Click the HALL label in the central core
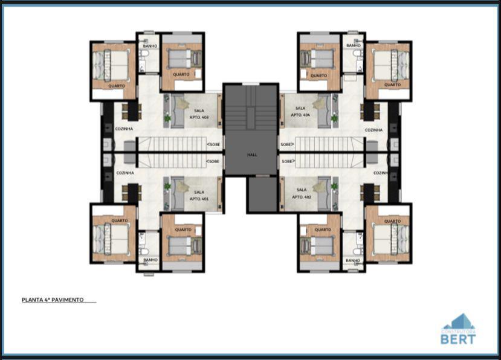(252, 155)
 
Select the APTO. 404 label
(300, 115)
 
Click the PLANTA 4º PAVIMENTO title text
(53, 300)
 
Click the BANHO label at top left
(149, 46)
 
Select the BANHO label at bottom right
(353, 260)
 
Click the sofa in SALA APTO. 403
(176, 112)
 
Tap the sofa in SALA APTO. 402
(324, 193)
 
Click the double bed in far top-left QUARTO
(115, 65)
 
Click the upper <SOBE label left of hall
(213, 144)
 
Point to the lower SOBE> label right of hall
(288, 161)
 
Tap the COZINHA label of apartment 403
(124, 129)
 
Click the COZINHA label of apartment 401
(124, 173)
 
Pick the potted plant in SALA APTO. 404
(334, 118)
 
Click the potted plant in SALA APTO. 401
(167, 186)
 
